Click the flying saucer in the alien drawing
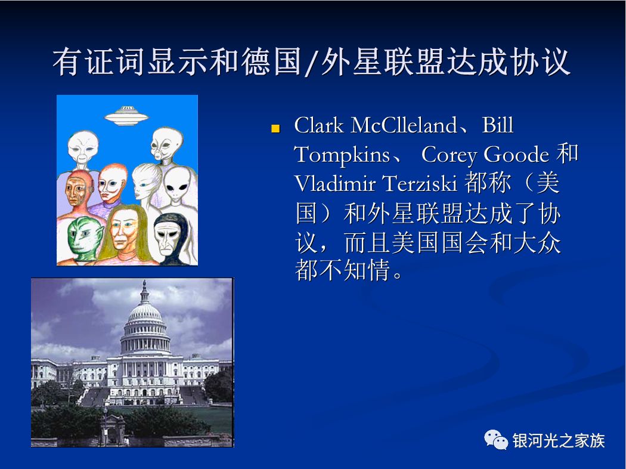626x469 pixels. pyautogui.click(x=126, y=115)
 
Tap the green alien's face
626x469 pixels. pyautogui.click(x=84, y=239)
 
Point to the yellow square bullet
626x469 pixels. pyautogui.click(x=275, y=129)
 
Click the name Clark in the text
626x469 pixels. pyautogui.click(x=318, y=125)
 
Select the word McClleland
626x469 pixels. pyautogui.click(x=404, y=125)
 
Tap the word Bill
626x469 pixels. pyautogui.click(x=497, y=125)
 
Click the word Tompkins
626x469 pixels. pyautogui.click(x=342, y=155)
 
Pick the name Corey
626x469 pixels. pyautogui.click(x=449, y=155)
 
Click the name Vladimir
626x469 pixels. pyautogui.click(x=335, y=184)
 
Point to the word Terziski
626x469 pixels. pyautogui.click(x=420, y=184)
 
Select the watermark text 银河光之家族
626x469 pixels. pyautogui.click(x=559, y=440)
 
